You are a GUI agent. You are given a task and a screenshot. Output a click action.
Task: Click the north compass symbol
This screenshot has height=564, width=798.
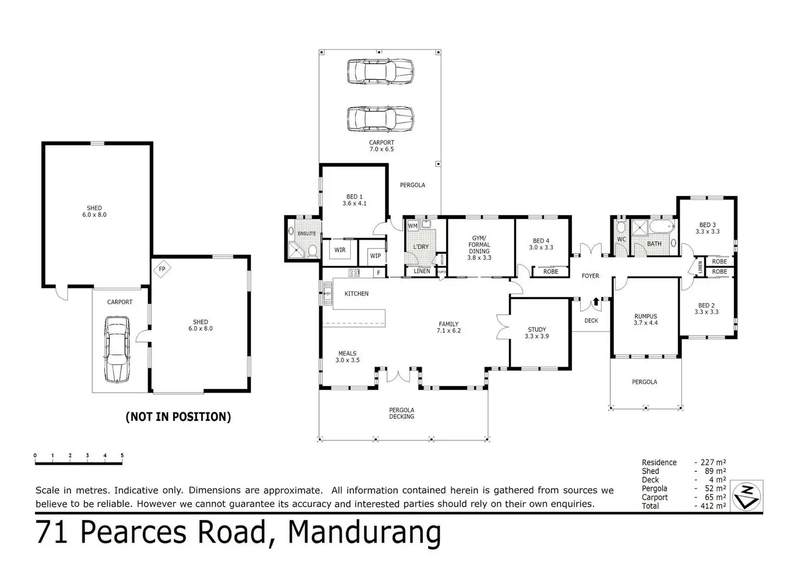[x=746, y=496]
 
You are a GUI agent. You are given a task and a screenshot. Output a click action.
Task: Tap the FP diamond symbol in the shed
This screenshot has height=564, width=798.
[x=162, y=269]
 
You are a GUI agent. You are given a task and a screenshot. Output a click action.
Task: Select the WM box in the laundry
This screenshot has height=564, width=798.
[x=413, y=226]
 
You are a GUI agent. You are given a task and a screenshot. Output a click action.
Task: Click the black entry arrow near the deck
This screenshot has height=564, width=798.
[x=596, y=302]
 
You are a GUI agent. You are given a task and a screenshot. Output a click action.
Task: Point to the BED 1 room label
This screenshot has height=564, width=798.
[x=355, y=200]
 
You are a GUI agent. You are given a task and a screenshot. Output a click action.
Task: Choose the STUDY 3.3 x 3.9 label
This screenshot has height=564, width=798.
[x=537, y=333]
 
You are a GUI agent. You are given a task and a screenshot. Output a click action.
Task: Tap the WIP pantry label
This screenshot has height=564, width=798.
[x=376, y=256]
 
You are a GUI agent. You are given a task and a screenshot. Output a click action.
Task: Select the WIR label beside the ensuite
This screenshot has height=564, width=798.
[x=340, y=250]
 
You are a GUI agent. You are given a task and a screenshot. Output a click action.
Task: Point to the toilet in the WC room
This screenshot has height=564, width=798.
[x=621, y=227]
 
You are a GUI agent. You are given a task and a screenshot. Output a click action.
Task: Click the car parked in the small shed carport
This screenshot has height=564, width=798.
[x=117, y=349]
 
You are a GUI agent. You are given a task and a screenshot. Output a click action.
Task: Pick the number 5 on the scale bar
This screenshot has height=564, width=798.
[x=122, y=456]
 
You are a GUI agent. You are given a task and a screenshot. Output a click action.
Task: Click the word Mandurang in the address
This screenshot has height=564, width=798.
[x=364, y=532]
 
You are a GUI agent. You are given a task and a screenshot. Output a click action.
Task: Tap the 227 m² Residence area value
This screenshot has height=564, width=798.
[x=713, y=462]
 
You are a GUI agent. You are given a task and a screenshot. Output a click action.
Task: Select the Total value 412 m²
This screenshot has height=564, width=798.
[x=713, y=505]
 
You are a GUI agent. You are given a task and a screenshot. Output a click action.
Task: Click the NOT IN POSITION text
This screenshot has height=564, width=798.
[x=178, y=417]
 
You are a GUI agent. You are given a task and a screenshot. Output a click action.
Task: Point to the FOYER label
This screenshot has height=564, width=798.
[x=590, y=276]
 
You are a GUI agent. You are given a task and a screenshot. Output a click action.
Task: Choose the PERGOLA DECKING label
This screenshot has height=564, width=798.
[x=402, y=413]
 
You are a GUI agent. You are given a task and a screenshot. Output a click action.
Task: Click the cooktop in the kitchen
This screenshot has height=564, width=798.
[x=354, y=273]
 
